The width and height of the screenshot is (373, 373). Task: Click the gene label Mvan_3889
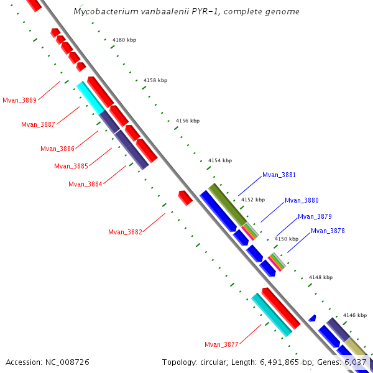click(x=20, y=100)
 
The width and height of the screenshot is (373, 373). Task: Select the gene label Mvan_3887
click(x=39, y=124)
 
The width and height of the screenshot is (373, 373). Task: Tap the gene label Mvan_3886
click(x=58, y=149)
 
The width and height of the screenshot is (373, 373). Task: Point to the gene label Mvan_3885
click(x=71, y=166)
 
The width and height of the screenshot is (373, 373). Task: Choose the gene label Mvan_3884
click(x=86, y=184)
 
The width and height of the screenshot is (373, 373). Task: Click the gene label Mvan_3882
click(x=126, y=232)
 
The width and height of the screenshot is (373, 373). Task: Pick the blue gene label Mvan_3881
click(x=279, y=175)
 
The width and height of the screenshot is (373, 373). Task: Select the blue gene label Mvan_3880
click(x=302, y=200)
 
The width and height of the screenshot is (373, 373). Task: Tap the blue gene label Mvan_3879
click(x=315, y=216)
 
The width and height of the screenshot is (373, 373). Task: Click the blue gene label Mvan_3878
click(x=328, y=231)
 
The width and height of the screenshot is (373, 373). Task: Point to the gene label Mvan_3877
click(x=222, y=344)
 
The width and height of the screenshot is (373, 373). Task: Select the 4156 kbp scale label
click(x=188, y=121)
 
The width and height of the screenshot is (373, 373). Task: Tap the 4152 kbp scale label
click(x=253, y=200)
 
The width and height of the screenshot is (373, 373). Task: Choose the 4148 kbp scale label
click(x=321, y=277)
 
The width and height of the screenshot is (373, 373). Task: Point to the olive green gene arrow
click(x=228, y=205)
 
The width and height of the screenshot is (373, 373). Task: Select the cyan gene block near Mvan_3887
click(x=90, y=98)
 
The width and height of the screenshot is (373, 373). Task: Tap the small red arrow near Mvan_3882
click(x=185, y=198)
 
